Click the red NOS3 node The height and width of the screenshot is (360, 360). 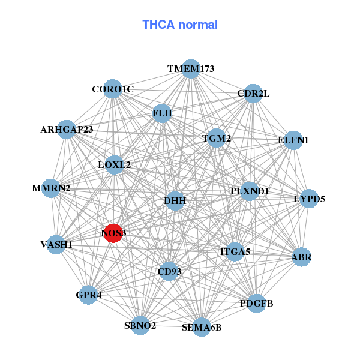click(x=113, y=233)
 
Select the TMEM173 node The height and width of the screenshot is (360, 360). click(x=190, y=69)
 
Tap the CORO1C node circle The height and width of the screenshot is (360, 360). click(x=112, y=89)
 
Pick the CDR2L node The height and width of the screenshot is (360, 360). click(x=253, y=94)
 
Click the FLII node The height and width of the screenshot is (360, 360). click(x=162, y=113)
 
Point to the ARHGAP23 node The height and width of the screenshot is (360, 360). click(x=67, y=130)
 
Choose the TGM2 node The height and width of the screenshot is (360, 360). click(x=216, y=139)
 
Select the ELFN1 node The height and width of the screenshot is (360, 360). click(x=293, y=140)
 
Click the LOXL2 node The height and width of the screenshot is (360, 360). click(x=114, y=164)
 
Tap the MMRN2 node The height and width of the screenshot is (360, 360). click(x=52, y=188)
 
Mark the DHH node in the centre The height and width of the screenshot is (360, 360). click(x=175, y=200)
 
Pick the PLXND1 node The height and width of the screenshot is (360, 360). click(x=250, y=191)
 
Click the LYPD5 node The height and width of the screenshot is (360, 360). click(x=308, y=198)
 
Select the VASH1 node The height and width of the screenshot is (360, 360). click(x=56, y=244)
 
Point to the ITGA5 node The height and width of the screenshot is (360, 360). click(x=235, y=251)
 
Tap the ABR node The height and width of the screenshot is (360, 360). click(x=301, y=257)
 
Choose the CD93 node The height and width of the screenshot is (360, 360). click(x=169, y=271)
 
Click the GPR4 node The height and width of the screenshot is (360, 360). click(x=88, y=295)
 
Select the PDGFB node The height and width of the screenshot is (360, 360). click(x=256, y=303)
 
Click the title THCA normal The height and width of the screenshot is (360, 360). click(x=180, y=25)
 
